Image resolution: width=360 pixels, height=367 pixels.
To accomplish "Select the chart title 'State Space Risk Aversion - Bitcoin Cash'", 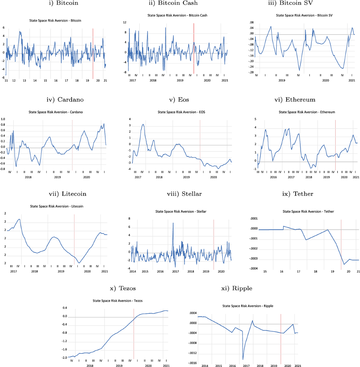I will point(177,15).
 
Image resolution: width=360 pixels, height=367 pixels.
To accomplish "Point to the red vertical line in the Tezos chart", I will point(134,333).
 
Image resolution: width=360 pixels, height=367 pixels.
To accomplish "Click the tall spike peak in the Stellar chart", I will point(173,223).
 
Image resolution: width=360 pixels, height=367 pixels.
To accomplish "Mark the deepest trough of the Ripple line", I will point(243,359).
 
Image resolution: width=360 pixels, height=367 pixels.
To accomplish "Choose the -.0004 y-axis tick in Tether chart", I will point(254,269).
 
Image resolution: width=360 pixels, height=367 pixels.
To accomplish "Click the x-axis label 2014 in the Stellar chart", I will point(133,272).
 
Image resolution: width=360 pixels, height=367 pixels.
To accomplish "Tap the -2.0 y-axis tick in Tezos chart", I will point(64,358).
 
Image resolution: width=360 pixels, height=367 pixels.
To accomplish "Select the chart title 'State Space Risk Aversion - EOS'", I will point(181,112).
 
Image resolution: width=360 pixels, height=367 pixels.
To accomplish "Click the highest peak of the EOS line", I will point(143,124).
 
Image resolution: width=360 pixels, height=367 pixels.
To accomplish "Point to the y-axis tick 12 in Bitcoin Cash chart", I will point(124,23).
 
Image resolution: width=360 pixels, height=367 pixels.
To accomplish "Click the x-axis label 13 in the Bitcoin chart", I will point(24,81).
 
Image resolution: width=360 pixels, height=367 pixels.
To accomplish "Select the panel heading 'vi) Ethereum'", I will point(295,100).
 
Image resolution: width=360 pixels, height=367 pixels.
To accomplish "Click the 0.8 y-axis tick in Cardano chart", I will point(3,125).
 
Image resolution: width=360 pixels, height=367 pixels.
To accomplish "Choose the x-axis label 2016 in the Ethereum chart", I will point(273,177).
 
